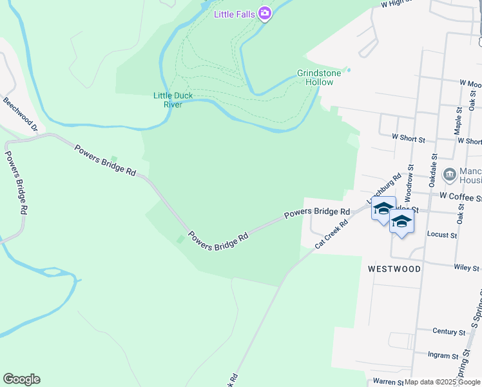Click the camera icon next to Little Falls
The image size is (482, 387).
(x=264, y=13)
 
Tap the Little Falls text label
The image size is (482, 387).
(x=235, y=13)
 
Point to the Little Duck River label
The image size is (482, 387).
(x=172, y=100)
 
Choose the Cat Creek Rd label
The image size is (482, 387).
(x=331, y=233)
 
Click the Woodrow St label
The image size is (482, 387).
(x=408, y=187)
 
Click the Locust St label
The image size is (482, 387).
(x=441, y=235)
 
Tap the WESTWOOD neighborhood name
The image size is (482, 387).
(x=394, y=268)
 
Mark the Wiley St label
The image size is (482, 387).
(x=466, y=268)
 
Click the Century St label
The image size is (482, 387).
(x=449, y=332)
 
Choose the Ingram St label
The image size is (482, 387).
(x=445, y=355)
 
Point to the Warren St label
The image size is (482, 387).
(x=387, y=382)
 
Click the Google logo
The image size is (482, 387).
(x=21, y=379)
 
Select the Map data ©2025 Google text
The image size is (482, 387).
(x=443, y=382)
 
